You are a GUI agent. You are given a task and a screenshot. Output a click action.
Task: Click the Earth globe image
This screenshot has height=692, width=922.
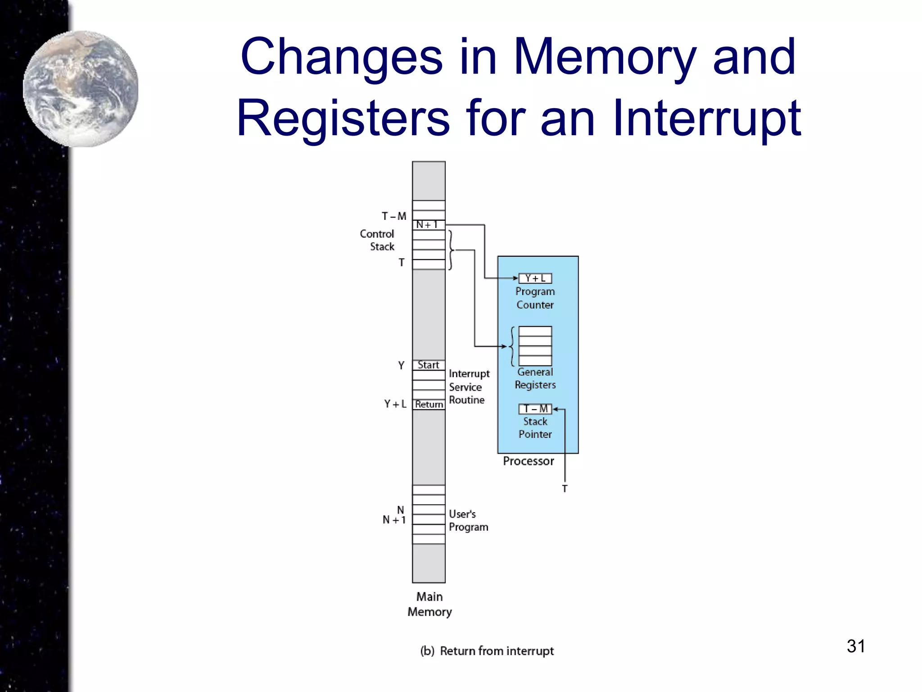(81, 89)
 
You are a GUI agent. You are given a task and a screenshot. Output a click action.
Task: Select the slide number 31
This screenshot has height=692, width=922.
(855, 646)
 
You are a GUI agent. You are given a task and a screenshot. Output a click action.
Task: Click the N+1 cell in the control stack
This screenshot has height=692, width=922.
(428, 224)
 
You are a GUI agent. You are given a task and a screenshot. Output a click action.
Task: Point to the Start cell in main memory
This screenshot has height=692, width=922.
(428, 365)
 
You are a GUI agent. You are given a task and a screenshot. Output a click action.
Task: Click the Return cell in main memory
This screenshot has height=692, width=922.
(429, 404)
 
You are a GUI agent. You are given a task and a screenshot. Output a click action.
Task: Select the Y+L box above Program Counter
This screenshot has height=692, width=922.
(535, 278)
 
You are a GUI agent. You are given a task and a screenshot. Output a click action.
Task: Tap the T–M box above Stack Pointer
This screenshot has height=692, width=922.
(535, 409)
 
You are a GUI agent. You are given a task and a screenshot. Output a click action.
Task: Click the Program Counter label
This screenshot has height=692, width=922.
(535, 298)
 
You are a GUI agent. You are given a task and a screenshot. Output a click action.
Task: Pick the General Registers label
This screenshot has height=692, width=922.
(535, 378)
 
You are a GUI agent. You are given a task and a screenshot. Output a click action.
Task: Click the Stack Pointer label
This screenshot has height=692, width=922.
(535, 428)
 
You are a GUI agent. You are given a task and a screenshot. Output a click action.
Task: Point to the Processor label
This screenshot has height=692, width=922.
(528, 461)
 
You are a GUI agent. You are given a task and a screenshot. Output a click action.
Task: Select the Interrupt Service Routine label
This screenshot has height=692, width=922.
(468, 387)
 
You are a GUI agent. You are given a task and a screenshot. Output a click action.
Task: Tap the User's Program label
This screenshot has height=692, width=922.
(468, 520)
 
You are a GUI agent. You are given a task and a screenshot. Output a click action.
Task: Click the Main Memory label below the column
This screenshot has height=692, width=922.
(429, 604)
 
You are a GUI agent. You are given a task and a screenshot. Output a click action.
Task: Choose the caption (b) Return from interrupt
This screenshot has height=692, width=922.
(487, 651)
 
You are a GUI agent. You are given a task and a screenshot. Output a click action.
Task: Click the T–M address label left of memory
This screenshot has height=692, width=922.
(394, 216)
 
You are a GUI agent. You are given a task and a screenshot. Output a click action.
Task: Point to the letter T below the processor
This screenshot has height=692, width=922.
(565, 488)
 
